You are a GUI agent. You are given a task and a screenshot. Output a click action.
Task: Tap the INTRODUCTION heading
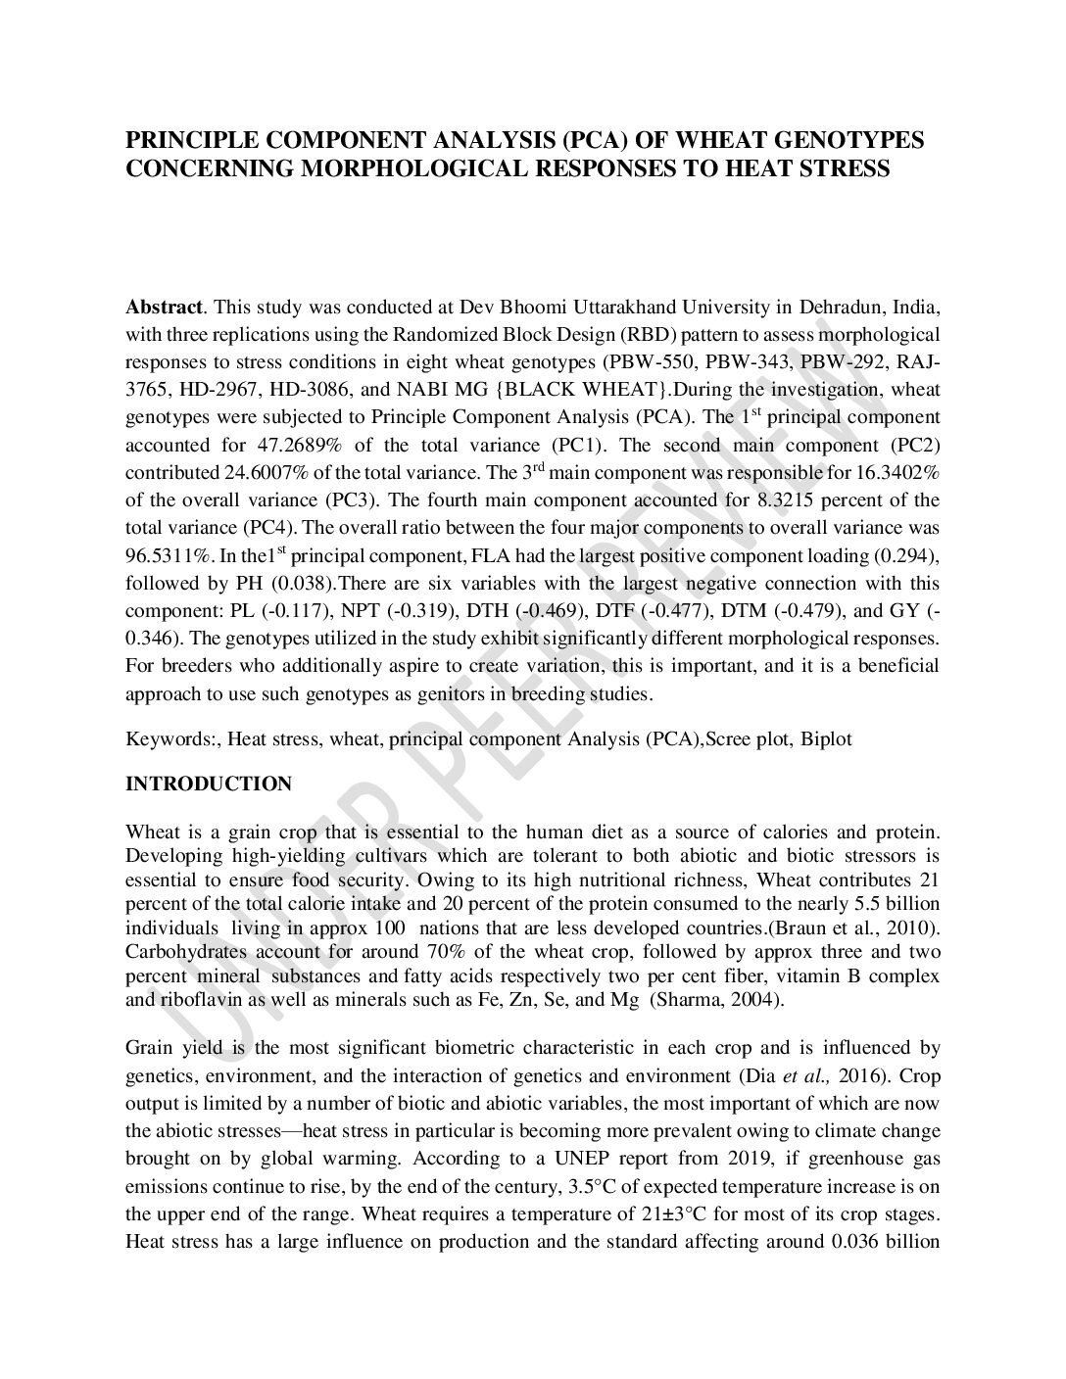[209, 785]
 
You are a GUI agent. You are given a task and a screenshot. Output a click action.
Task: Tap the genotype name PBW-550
[644, 361]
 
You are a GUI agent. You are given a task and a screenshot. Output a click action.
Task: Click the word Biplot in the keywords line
[826, 738]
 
